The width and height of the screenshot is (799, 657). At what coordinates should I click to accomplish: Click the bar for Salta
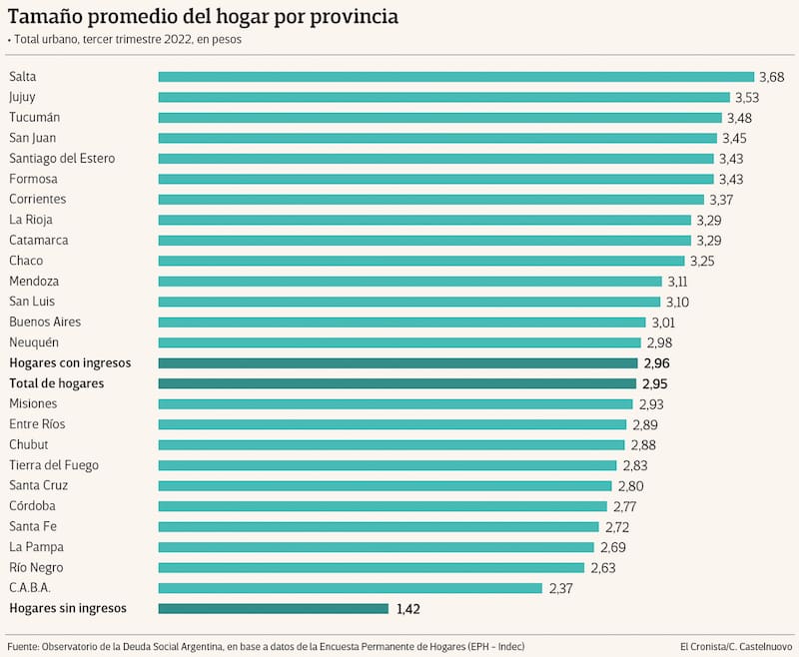(455, 77)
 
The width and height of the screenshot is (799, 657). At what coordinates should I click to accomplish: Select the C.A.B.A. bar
(350, 588)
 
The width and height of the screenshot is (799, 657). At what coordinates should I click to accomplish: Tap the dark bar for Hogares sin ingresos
(273, 608)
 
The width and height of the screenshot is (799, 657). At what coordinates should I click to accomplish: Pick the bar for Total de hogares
(397, 383)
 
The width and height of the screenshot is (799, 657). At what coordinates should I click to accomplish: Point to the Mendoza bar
(409, 282)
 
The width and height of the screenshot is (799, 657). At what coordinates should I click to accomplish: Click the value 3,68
(772, 77)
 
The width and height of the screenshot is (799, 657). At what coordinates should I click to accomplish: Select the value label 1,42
(409, 608)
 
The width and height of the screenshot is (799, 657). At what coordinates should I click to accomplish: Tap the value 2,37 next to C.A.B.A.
(560, 588)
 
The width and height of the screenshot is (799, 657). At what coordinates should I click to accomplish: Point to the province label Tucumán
(35, 118)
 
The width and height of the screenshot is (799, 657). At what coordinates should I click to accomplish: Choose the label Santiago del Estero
(62, 159)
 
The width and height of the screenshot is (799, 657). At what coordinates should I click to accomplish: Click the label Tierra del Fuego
(54, 465)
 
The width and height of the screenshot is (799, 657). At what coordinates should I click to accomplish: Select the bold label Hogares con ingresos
(70, 363)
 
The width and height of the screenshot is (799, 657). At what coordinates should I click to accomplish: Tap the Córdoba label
(32, 506)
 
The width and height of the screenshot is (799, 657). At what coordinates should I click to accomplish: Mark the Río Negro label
(36, 567)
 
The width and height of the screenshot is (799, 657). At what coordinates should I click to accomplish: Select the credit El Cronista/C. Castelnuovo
(735, 645)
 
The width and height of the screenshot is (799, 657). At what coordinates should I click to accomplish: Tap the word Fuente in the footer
(24, 645)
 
